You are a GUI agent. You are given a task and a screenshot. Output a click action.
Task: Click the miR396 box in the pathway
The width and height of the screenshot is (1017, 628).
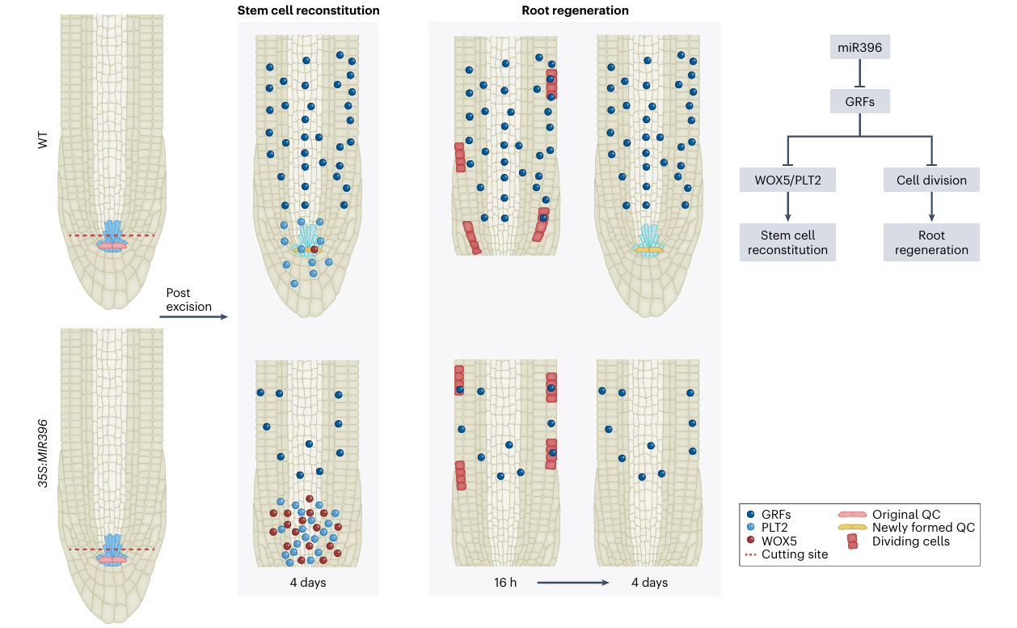(x=859, y=48)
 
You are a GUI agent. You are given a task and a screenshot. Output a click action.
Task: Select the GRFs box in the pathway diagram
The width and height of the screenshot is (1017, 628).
(x=859, y=102)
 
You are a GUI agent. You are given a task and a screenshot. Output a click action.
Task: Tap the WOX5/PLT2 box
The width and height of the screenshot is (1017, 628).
(x=787, y=180)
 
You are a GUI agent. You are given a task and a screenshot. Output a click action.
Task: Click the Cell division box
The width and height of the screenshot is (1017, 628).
(x=931, y=180)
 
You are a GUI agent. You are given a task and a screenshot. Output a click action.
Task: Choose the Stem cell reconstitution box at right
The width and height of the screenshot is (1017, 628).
(x=787, y=242)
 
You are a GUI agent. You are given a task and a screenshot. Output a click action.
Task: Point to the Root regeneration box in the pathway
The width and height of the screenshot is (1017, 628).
(x=931, y=242)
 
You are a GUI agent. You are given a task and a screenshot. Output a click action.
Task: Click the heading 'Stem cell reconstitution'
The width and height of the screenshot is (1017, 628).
(x=308, y=11)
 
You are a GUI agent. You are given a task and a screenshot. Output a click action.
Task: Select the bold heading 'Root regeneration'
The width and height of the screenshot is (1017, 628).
(x=575, y=11)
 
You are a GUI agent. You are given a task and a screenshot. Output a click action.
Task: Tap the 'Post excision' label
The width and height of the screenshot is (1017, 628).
(x=188, y=299)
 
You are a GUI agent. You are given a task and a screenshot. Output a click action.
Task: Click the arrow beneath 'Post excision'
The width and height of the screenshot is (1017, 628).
(x=192, y=317)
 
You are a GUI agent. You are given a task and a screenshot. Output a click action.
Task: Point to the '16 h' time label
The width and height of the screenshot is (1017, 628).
(x=505, y=582)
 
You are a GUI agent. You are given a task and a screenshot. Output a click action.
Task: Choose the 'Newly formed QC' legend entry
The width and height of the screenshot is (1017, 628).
(x=922, y=528)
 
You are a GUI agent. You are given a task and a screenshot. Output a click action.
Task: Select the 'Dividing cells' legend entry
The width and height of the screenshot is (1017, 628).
(x=910, y=541)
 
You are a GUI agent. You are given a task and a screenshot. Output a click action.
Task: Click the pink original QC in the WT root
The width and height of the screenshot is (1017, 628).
(x=112, y=246)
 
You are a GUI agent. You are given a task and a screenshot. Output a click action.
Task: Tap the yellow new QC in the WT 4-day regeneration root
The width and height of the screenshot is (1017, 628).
(x=648, y=251)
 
